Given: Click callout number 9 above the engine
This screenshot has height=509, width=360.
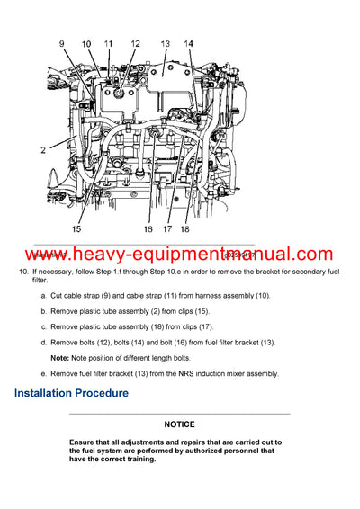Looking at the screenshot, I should (x=63, y=44).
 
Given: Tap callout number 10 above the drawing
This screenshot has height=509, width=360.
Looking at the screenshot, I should (x=86, y=44).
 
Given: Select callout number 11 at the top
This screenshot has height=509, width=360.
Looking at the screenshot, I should (x=109, y=43).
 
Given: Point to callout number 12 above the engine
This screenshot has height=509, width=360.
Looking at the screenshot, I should (x=135, y=43).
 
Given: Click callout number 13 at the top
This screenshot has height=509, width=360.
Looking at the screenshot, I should (x=165, y=43).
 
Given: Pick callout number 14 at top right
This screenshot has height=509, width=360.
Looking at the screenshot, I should (x=189, y=43).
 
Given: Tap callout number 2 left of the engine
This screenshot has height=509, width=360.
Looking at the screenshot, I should (x=42, y=149).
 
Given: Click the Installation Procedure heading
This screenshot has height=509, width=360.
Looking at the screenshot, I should (x=71, y=393).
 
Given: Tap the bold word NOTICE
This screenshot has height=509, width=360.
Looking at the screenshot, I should (x=180, y=423).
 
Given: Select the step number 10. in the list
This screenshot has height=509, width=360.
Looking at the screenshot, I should (x=23, y=272).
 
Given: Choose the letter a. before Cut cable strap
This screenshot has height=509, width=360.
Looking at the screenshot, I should (x=43, y=296).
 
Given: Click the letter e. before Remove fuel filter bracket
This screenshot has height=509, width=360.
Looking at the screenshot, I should (x=43, y=372).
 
